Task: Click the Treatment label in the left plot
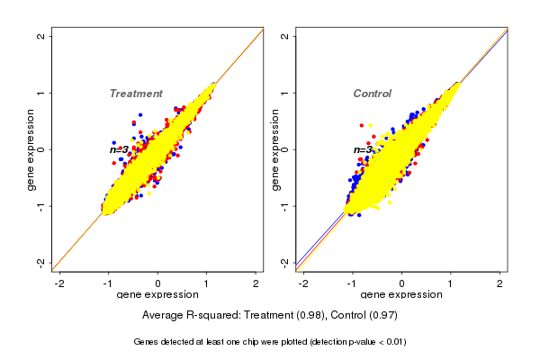pyautogui.click(x=136, y=94)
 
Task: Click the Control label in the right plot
pyautogui.click(x=372, y=94)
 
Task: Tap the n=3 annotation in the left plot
pyautogui.click(x=119, y=149)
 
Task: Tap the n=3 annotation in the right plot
pyautogui.click(x=363, y=149)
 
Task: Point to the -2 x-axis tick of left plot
pyautogui.click(x=59, y=283)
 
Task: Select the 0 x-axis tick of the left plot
pyautogui.click(x=157, y=283)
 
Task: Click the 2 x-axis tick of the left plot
pyautogui.click(x=256, y=283)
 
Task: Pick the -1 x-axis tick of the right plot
pyautogui.click(x=353, y=283)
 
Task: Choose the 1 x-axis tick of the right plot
pyautogui.click(x=451, y=283)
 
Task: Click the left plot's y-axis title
pyautogui.click(x=31, y=149)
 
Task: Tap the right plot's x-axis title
pyautogui.click(x=401, y=295)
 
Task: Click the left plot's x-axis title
pyautogui.click(x=157, y=295)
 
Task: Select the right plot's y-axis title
pyautogui.click(x=274, y=149)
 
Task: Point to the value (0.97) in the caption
pyautogui.click(x=382, y=315)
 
